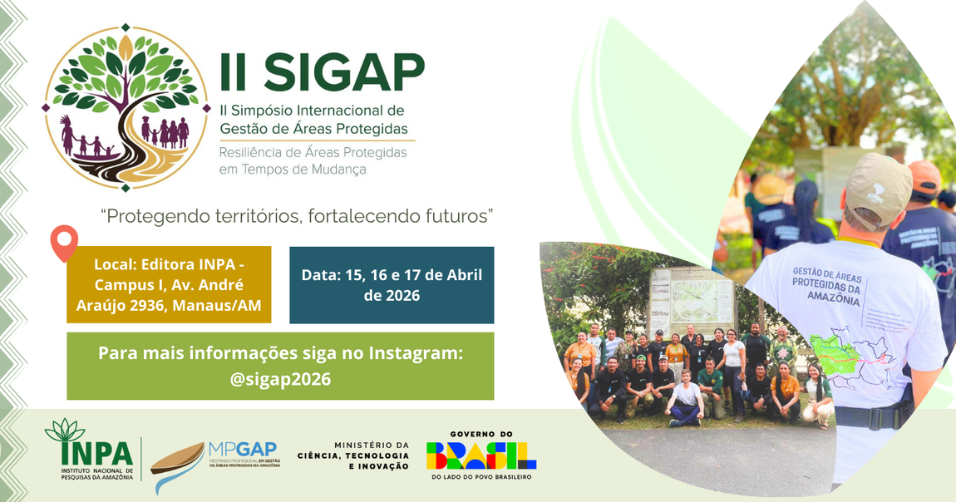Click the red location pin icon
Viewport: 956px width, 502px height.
coord(64,240)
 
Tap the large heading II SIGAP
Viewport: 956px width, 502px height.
coord(322,72)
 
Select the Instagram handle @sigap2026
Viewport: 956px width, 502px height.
coord(280,380)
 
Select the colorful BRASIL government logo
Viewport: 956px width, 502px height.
coord(481,455)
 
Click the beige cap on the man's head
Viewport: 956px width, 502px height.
coord(876,188)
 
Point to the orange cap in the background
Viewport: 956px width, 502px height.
coord(924,175)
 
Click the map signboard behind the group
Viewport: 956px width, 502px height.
coord(692,300)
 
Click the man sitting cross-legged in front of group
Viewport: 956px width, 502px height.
coord(687,399)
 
